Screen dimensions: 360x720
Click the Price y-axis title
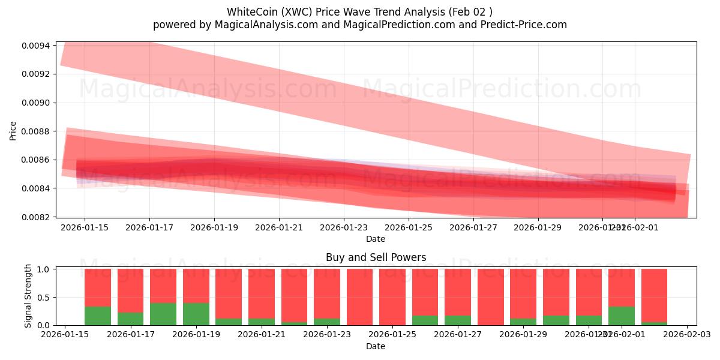tap(13, 130)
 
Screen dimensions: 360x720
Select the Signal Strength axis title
tap(28, 296)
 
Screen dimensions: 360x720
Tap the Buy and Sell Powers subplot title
tap(376, 257)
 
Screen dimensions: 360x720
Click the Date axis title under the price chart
tap(376, 239)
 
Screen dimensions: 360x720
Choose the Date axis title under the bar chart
tap(376, 346)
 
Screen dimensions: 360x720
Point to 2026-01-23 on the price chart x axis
tap(344, 227)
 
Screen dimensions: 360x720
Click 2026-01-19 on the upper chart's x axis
tap(214, 227)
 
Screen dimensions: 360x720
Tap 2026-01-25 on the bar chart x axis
tap(392, 335)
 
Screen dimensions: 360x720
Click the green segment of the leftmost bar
tap(98, 316)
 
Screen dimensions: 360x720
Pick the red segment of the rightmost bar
tap(654, 294)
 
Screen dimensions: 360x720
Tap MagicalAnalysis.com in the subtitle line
tap(257, 25)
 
